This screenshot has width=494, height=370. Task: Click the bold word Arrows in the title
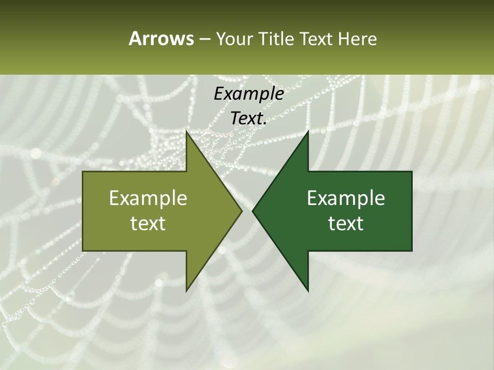pyautogui.click(x=161, y=39)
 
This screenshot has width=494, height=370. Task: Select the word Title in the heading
pyautogui.click(x=277, y=39)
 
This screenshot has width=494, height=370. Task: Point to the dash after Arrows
pyautogui.click(x=204, y=39)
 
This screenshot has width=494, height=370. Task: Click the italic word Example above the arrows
pyautogui.click(x=249, y=94)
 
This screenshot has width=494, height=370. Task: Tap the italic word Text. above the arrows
pyautogui.click(x=249, y=118)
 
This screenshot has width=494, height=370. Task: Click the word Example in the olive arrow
pyautogui.click(x=148, y=198)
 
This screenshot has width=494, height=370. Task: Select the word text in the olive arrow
pyautogui.click(x=148, y=223)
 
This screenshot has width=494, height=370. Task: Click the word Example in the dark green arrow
pyautogui.click(x=346, y=198)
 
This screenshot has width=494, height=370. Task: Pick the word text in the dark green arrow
pyautogui.click(x=346, y=223)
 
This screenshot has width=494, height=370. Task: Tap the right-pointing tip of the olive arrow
pyautogui.click(x=242, y=211)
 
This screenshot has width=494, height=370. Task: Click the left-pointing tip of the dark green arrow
pyautogui.click(x=253, y=211)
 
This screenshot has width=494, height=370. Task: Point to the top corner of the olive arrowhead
pyautogui.click(x=186, y=131)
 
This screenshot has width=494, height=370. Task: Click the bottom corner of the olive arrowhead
pyautogui.click(x=186, y=291)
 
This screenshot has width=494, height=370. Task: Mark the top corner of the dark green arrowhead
pyautogui.click(x=308, y=131)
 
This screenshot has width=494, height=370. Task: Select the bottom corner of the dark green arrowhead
pyautogui.click(x=308, y=291)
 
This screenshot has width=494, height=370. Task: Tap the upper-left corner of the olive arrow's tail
pyautogui.click(x=83, y=172)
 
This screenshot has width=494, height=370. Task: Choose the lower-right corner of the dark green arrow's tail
pyautogui.click(x=412, y=250)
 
